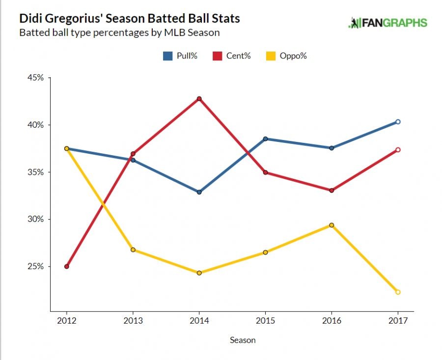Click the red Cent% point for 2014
199,99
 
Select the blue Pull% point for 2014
199,192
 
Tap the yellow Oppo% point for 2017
398,292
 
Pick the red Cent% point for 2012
66,267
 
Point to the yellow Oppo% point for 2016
331,225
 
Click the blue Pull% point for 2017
398,122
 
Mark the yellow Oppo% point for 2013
133,249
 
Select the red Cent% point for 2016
331,190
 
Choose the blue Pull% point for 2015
265,139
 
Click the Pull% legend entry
180,56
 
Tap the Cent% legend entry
232,56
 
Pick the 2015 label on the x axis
265,321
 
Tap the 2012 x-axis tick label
66,321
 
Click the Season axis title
243,340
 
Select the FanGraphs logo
388,23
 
